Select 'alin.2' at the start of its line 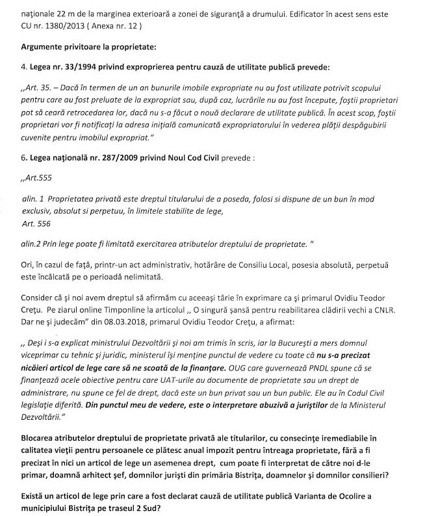coord(31,243)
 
